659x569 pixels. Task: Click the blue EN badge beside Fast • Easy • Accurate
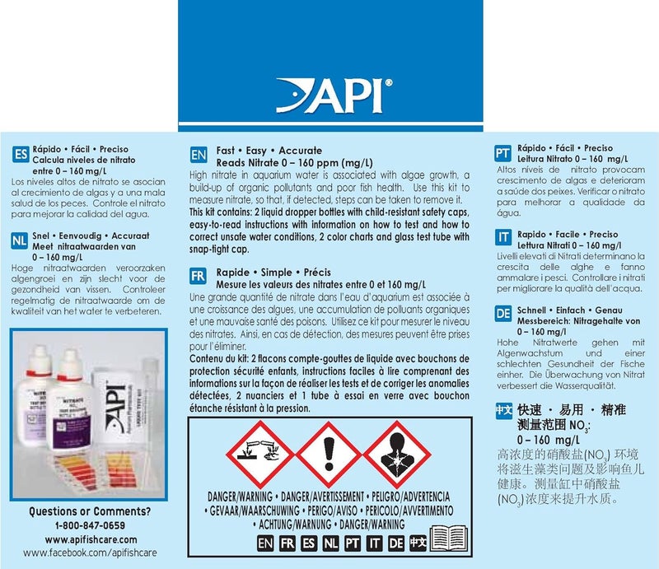tap(199, 154)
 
